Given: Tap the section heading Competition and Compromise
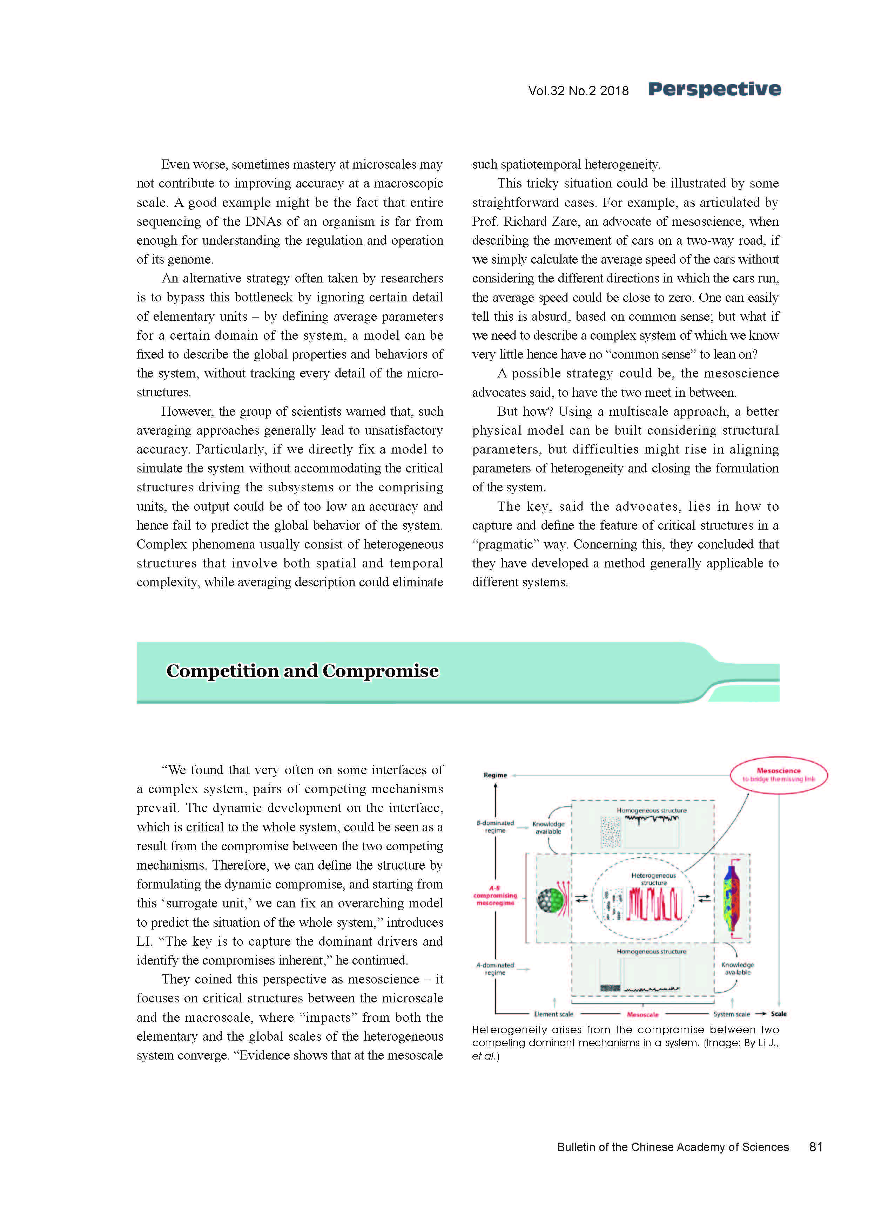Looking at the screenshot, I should [x=302, y=671].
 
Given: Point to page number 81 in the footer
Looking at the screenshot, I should [x=815, y=1146].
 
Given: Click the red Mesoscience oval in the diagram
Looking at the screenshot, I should [x=779, y=775].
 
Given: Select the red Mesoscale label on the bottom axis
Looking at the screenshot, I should [x=642, y=1014].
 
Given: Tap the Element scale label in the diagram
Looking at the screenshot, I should [x=553, y=1014].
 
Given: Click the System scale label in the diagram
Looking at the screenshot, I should [x=731, y=1014].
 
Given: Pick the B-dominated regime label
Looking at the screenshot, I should [x=495, y=826].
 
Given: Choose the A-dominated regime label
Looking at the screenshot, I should [x=495, y=968].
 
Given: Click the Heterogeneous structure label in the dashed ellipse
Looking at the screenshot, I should [x=653, y=879].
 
